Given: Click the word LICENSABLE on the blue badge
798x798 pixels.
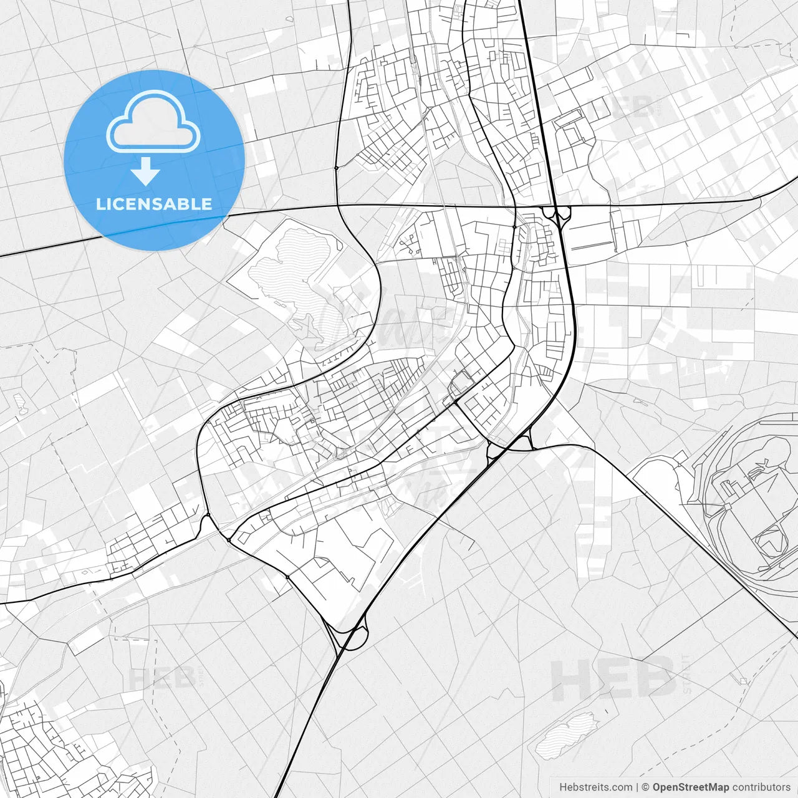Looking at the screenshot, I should coord(154,204).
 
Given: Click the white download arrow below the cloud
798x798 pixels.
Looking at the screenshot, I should coord(146,171).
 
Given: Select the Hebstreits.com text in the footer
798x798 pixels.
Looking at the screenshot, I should coord(595,787).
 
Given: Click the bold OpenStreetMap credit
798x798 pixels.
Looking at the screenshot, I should coord(691,787).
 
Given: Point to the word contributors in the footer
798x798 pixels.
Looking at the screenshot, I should coord(761,787).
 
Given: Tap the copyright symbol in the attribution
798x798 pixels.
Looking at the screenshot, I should coord(646,787).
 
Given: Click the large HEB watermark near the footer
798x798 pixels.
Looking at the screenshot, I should coord(614,679).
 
